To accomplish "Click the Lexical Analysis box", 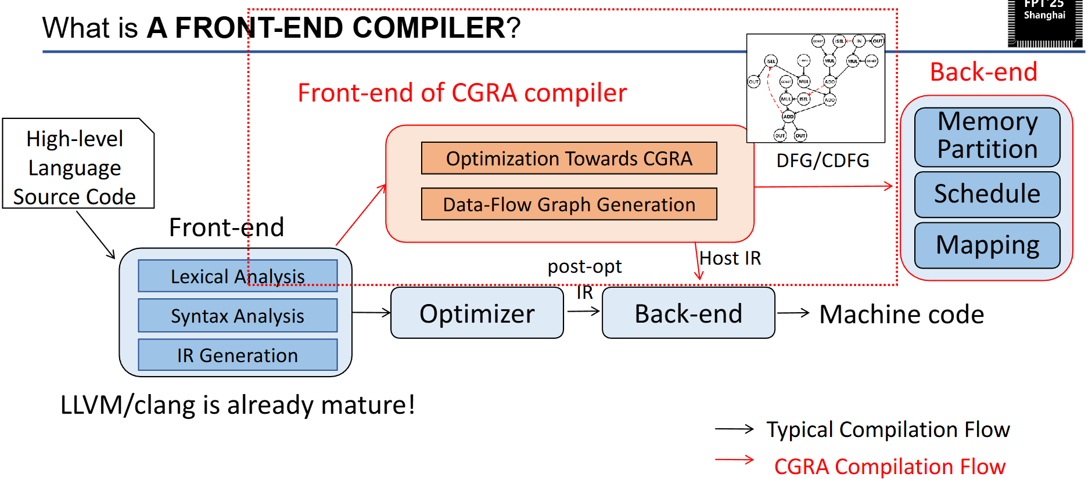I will click(x=238, y=276).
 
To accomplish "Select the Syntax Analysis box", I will click(x=238, y=316).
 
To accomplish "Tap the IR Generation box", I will click(x=238, y=355).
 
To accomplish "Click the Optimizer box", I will click(x=477, y=313).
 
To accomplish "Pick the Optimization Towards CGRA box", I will click(x=569, y=158).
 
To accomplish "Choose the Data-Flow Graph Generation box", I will click(x=569, y=204).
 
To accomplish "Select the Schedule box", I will click(x=987, y=194).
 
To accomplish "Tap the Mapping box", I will click(x=987, y=245).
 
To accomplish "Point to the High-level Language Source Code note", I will click(x=76, y=167).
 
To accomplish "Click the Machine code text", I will click(x=901, y=315).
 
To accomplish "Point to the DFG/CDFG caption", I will click(x=822, y=160).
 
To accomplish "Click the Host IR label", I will click(x=730, y=258).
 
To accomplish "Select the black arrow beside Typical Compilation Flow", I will click(x=734, y=429).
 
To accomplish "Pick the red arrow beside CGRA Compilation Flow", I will click(x=734, y=460).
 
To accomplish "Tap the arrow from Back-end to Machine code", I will click(x=793, y=313).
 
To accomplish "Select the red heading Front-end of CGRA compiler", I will click(x=462, y=93).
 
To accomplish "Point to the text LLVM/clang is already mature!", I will click(x=238, y=405).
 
